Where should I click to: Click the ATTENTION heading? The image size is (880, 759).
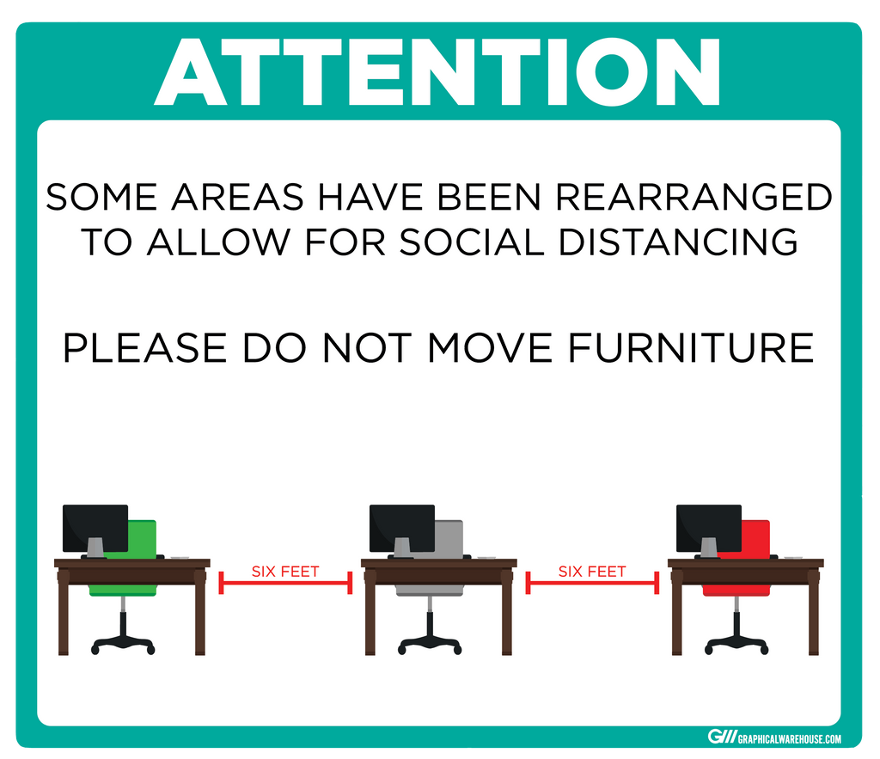coord(437,72)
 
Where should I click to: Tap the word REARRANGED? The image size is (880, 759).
coord(694,197)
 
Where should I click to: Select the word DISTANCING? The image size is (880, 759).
coord(678,242)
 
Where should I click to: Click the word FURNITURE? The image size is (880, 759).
coord(691,348)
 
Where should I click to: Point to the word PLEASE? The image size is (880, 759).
coord(144,348)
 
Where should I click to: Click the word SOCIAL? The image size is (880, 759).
coord(472,242)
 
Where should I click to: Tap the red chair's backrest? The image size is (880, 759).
coord(754,539)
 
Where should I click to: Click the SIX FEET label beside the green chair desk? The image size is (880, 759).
coord(285,572)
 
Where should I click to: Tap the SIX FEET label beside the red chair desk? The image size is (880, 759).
coord(592,572)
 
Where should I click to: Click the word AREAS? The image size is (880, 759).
coord(237,197)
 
